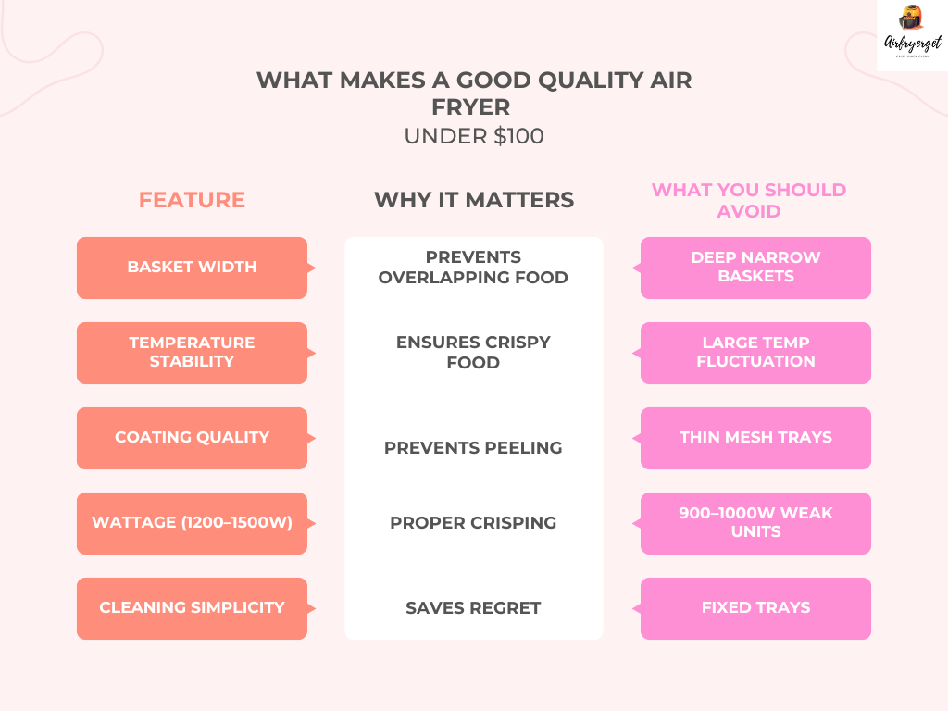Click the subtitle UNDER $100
pos(473,136)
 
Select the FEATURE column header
pos(192,200)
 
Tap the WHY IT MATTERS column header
pos(473,200)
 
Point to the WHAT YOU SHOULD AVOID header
pos(748,200)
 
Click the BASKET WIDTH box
pos(192,268)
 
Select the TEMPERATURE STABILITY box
pos(192,353)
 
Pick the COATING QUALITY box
pos(192,438)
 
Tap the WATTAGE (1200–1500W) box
pos(192,523)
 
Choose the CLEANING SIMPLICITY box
pos(192,608)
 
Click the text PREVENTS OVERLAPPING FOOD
pos(473,268)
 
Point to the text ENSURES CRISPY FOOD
pos(473,353)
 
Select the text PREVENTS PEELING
pos(473,448)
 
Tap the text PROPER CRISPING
pos(473,523)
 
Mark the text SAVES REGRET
pos(473,608)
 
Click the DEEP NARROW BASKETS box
pos(755,268)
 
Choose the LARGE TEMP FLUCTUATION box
pos(755,353)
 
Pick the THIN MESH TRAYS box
pos(755,438)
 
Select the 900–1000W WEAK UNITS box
pos(755,523)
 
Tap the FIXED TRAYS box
pos(755,608)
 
